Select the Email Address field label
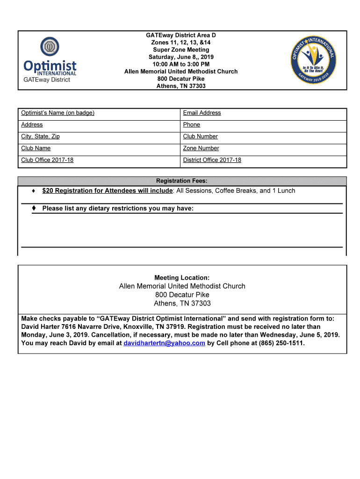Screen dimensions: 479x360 pos(202,113)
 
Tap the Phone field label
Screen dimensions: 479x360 pos(192,125)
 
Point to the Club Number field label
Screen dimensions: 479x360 pos(201,137)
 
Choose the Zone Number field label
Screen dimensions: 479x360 pos(201,148)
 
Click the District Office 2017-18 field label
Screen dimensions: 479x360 pos(212,160)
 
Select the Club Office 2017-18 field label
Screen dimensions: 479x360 pos(47,160)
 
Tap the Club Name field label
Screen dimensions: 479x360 pos(36,148)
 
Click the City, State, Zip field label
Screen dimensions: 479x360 pos(40,137)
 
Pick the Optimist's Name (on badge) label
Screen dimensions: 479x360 pos(58,113)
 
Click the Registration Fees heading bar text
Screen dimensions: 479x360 pos(182,181)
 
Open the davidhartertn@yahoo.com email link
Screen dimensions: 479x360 pos(164,343)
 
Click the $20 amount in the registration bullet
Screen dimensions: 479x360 pos(47,191)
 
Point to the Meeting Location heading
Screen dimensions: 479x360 pos(182,278)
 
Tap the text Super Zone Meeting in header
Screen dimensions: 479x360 pos(181,50)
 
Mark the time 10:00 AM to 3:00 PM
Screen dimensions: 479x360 pos(181,64)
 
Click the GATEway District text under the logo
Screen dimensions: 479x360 pos(47,80)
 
